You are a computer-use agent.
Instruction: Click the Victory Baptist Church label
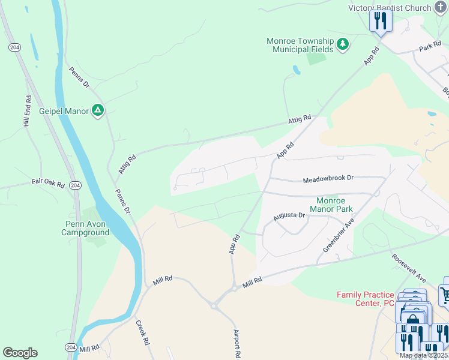coord(390,8)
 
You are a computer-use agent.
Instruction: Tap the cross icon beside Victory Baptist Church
coord(442,8)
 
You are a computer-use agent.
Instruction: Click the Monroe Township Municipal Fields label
coord(300,45)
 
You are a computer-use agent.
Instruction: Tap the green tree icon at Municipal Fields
coord(343,44)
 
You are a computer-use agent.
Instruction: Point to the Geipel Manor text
coord(64,110)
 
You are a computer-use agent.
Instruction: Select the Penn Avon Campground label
coord(87,228)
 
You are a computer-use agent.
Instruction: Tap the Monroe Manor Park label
coord(331,205)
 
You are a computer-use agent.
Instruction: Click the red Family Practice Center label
coord(366,299)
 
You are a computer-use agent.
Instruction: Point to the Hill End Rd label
coord(27,112)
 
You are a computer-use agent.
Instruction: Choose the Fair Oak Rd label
coord(48,183)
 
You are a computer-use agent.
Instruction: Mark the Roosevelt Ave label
coord(409,268)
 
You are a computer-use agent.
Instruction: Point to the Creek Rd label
coord(142,333)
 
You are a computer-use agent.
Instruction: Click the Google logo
coord(20,353)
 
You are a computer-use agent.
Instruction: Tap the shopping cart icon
coord(445,294)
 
